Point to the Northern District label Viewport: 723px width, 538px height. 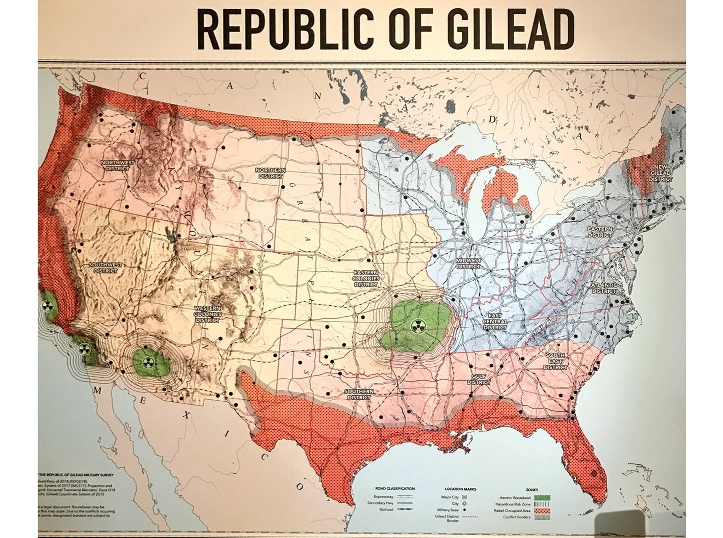pos(271,173)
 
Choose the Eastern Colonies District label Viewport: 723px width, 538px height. pos(366,278)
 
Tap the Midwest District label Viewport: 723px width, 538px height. pos(468,263)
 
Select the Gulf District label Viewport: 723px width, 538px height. pos(479,379)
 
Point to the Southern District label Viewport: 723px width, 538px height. pos(359,394)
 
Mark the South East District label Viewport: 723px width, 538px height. pos(555,361)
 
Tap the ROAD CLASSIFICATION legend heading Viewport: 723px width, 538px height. pos(395,489)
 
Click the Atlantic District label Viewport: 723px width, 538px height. pos(604,288)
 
